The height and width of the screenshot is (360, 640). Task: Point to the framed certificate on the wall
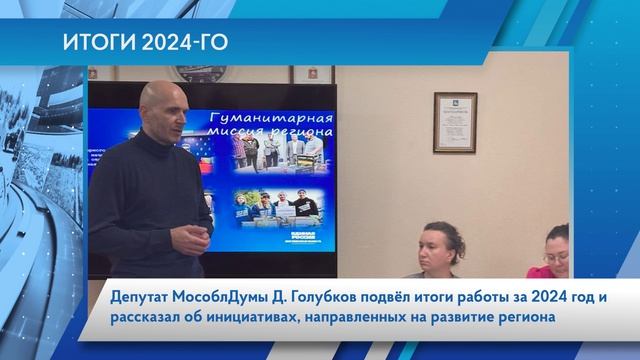click(x=454, y=122)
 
